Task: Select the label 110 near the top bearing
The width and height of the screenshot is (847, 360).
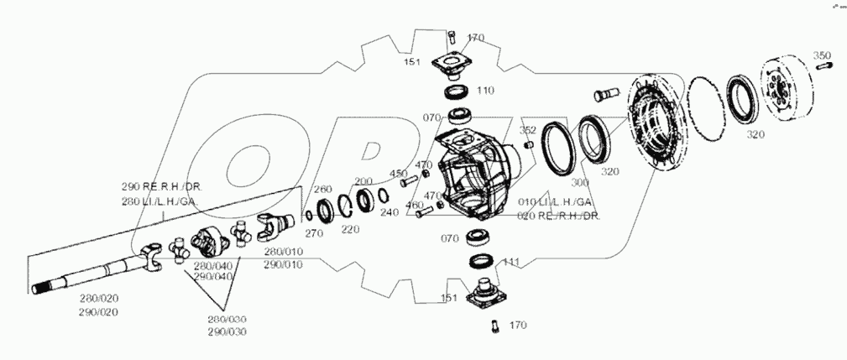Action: point(485,90)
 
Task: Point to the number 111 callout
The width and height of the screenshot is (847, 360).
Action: point(511,262)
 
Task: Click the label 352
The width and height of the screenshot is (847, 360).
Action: point(528,130)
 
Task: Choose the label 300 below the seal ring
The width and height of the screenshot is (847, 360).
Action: point(579,182)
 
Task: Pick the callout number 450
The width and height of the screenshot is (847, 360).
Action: point(397,174)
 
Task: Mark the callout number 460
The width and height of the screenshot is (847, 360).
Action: point(414,205)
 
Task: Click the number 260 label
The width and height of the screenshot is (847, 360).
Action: point(322,190)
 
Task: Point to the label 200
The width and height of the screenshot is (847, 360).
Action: point(363,181)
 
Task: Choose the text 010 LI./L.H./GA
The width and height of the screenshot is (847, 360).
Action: point(554,202)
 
